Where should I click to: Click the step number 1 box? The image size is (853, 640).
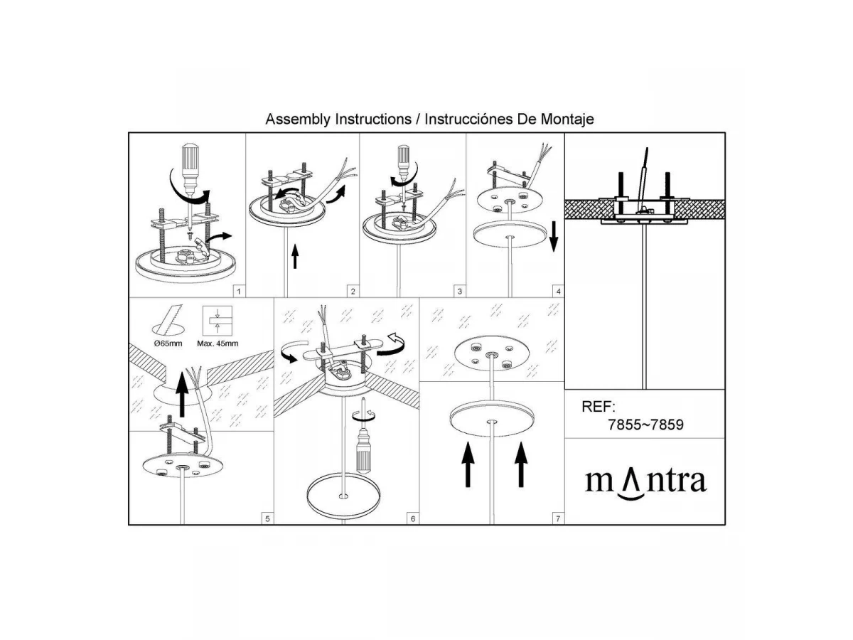point(239,292)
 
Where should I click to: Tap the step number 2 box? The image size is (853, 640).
point(353,292)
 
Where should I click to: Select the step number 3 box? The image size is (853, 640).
point(460,292)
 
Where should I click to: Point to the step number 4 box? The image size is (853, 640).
point(559,292)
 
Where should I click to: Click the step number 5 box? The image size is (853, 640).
point(267,519)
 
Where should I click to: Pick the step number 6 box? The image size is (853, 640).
point(413,519)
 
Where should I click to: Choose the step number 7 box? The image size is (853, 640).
point(558,519)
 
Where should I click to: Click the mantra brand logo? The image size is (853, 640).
point(645,483)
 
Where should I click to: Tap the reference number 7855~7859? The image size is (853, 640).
point(645,425)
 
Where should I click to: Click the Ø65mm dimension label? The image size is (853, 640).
point(168,343)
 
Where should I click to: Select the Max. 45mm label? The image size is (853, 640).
point(218,343)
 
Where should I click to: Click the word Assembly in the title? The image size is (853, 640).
point(299,119)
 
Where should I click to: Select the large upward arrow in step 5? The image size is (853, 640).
point(182,393)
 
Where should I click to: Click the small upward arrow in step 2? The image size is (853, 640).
point(295,256)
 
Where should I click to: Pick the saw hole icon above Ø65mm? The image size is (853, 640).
point(168,321)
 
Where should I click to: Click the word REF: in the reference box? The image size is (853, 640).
point(599,407)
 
